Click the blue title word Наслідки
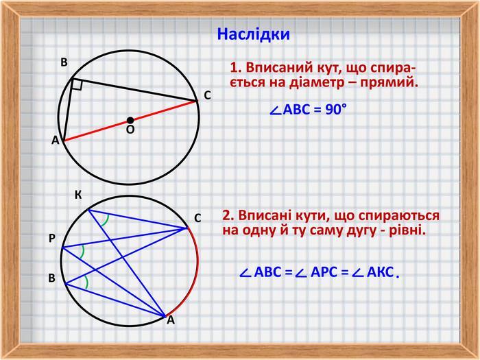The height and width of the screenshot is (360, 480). coord(253,34)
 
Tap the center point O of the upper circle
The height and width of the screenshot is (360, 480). coord(130,120)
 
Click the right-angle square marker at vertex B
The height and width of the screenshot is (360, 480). coord(77,85)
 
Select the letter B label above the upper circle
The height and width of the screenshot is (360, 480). coord(64,62)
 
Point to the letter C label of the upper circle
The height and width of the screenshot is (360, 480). coord(208,95)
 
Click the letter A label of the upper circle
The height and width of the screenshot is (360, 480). coord(55,140)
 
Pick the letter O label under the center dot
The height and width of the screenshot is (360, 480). coord(130,130)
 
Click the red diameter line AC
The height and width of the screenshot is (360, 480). coord(130,121)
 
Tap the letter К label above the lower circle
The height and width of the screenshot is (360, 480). coord(78,195)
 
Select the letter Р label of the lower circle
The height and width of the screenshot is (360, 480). coord(52,238)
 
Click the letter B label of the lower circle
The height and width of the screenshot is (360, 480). coord(51,278)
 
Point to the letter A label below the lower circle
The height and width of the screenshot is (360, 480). coord(171,320)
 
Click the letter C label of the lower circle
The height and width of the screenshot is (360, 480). coord(197,218)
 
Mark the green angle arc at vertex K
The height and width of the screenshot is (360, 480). coord(106,220)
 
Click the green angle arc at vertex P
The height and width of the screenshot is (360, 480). coord(82,252)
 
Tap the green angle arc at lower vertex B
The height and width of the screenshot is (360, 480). coord(87,282)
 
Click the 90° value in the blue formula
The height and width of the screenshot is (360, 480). coord(336,109)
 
